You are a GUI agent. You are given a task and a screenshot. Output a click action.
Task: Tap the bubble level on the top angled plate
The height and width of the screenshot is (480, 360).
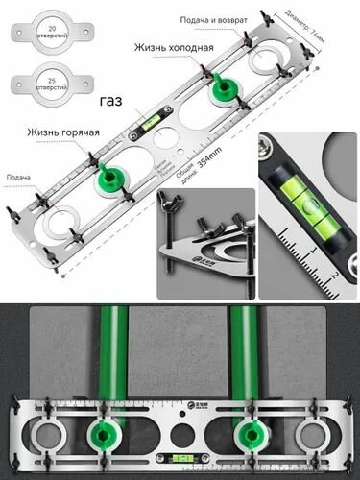coord(154,123)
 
